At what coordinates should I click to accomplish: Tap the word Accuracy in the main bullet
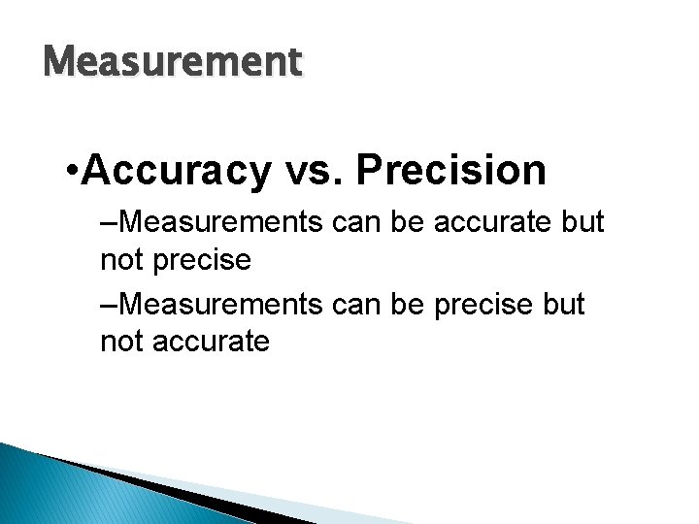tap(177, 171)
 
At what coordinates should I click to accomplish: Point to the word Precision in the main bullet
tap(451, 171)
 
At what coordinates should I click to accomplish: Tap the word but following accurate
tap(582, 223)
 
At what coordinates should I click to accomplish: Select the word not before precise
tap(121, 260)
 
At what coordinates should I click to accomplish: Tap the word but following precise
tap(564, 304)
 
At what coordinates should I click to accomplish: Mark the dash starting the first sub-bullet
tap(107, 223)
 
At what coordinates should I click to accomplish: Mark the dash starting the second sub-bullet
tap(107, 304)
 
